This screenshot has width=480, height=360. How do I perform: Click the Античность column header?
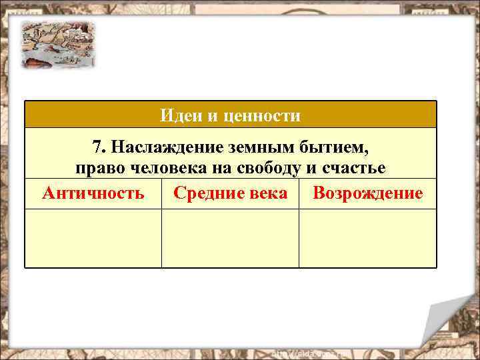pos(93,193)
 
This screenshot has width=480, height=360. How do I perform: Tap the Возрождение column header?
pos(367,193)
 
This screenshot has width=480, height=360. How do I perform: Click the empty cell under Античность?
pos(93,238)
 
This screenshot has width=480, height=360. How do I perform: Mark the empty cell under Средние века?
pos(230,238)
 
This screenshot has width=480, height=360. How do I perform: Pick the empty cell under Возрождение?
pos(367,238)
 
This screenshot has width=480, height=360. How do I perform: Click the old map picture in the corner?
pos(57,44)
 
